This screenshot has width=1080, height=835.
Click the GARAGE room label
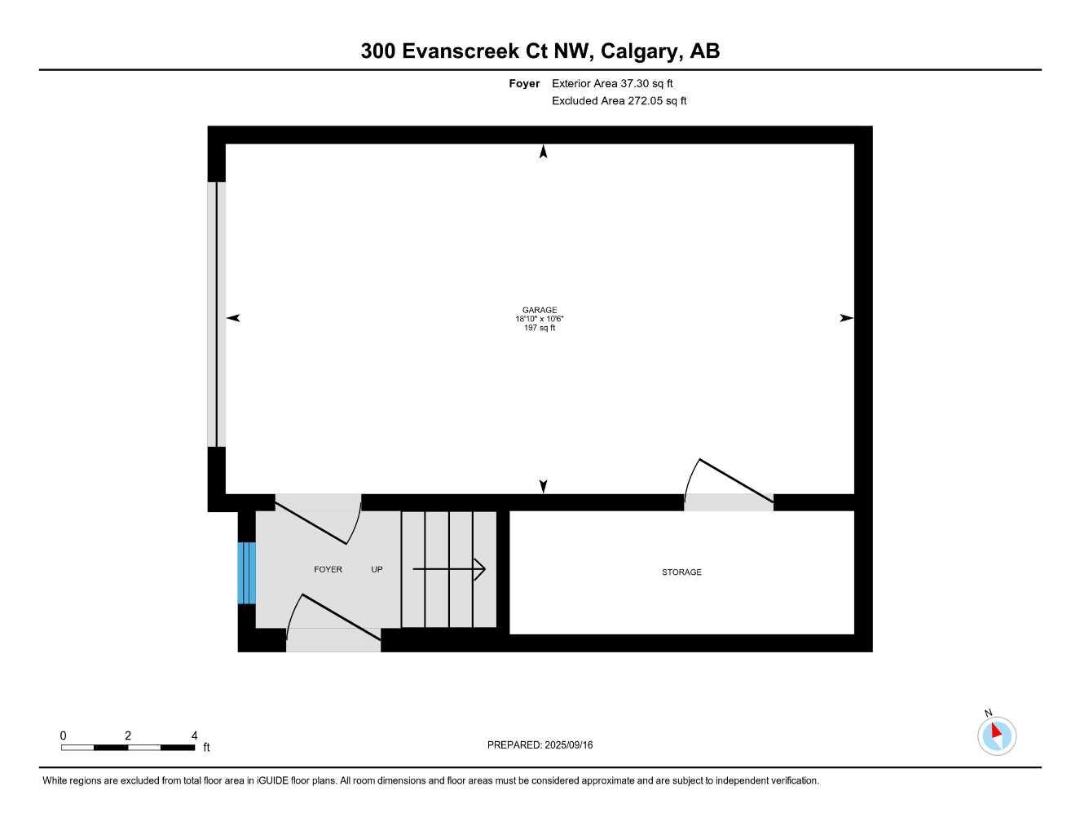coord(540,310)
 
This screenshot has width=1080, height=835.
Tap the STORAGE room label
coord(681,572)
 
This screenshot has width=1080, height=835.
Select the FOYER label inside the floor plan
coord(328,569)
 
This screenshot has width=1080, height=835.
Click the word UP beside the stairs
coord(377,569)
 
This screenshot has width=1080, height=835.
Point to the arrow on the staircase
coord(449,569)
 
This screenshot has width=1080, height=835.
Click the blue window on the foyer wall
coord(246,573)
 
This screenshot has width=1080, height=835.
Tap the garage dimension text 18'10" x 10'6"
coord(540,319)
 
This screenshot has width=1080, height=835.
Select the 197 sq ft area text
coord(540,328)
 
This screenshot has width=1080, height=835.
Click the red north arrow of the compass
coord(997,731)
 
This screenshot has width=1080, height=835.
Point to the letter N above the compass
coord(988,713)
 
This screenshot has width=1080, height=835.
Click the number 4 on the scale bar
coord(194,735)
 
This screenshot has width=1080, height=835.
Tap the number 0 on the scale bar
coord(63,735)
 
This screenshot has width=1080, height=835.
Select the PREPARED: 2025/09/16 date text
coord(540,744)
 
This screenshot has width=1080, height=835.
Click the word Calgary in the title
coord(639,51)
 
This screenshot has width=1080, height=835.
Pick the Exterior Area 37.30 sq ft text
coord(612,83)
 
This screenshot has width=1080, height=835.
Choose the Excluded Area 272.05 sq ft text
coord(619,100)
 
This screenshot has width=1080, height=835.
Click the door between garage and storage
coord(729,484)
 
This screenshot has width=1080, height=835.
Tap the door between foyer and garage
coord(318,519)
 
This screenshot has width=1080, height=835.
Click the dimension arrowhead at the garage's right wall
coord(846,318)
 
